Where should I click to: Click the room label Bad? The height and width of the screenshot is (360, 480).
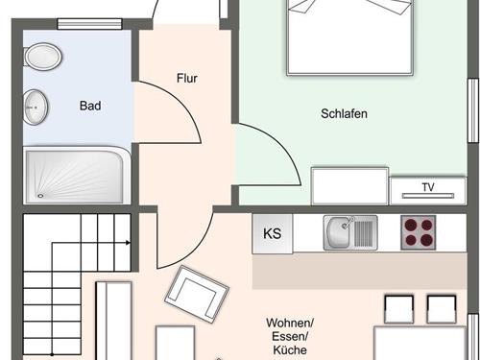coord(90,106)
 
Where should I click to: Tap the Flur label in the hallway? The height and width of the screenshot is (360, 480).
coord(187,78)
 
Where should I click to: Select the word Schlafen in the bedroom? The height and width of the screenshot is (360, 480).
coord(344,113)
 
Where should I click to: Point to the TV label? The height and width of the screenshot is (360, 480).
coord(428,187)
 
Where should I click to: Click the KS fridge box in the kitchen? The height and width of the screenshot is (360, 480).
coord(273,233)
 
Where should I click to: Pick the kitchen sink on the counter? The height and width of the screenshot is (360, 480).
coord(350,232)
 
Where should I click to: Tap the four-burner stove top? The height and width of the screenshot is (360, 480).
coord(419,232)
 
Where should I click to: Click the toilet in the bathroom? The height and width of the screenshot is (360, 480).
coord(42,57)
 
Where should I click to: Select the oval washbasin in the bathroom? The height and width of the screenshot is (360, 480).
coord(36,108)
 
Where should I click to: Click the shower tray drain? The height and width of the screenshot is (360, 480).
coord(40,196)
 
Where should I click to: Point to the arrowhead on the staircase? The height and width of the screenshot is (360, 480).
coord(128,243)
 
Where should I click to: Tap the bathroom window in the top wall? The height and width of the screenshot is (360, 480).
coord(89,24)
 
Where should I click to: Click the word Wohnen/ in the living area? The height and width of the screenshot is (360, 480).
coord(290,323)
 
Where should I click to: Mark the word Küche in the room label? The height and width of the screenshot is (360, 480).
coord(290,349)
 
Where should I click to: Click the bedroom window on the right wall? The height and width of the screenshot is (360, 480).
coord(473,110)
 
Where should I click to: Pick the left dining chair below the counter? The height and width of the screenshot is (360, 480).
coord(398,309)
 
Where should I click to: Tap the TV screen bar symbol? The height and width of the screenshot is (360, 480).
coord(428,196)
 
